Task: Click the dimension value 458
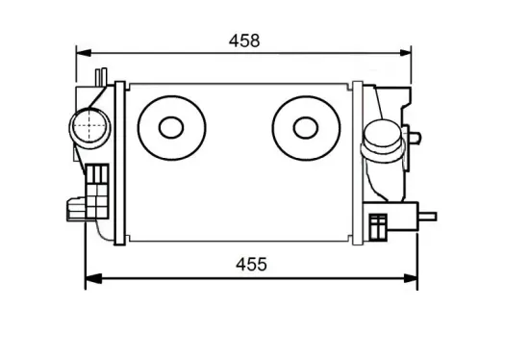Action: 244,40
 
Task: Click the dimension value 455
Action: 251,265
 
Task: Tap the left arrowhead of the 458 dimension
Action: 84,53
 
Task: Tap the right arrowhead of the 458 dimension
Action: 405,53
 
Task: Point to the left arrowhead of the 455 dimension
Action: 93,278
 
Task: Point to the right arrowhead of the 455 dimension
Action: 411,278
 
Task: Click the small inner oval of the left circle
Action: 171,128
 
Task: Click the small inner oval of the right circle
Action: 306,128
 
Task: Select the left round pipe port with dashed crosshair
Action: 89,128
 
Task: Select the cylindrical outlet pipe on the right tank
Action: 383,141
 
